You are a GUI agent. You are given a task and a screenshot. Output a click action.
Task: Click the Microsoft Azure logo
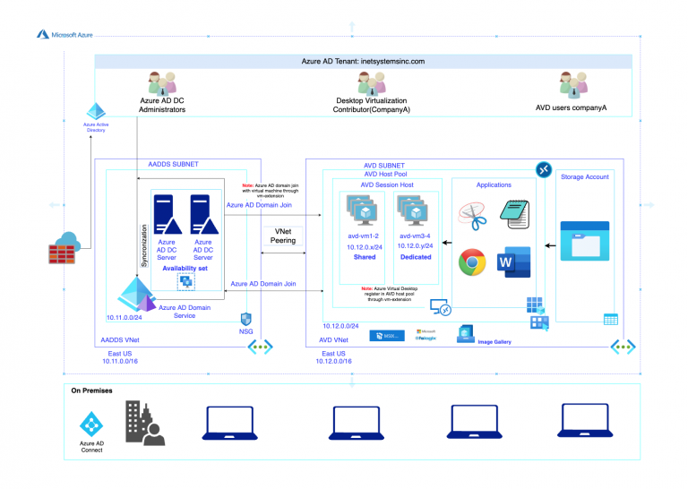click(x=43, y=34)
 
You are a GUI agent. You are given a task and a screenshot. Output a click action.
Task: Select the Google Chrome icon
click(x=473, y=262)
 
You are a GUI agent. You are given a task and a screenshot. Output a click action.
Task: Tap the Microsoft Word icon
click(x=513, y=261)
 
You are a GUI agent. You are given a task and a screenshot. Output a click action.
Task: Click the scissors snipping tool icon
click(x=472, y=215)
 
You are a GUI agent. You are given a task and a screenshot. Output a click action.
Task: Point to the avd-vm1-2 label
click(x=364, y=236)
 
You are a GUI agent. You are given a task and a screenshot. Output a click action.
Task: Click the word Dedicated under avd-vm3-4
click(x=416, y=257)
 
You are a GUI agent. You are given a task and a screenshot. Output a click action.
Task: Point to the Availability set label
click(x=186, y=269)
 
